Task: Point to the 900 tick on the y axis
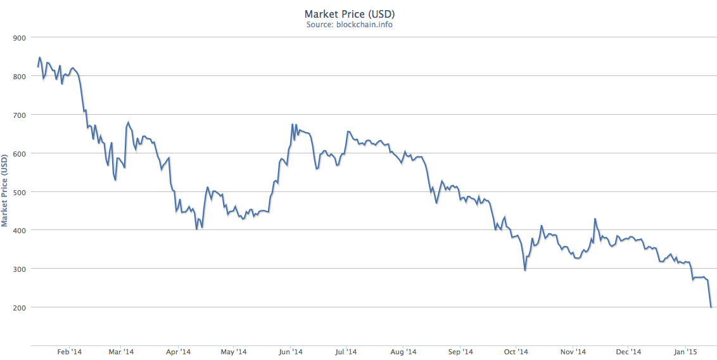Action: coord(19,38)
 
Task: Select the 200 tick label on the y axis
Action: coord(19,307)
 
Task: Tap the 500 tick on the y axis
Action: coord(19,192)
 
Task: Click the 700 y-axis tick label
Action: coord(19,115)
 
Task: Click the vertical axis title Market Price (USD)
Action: coord(5,190)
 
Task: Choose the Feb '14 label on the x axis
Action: coord(70,351)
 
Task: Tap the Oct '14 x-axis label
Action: coord(516,351)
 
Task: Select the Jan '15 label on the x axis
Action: coord(685,351)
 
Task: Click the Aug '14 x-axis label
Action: coord(403,351)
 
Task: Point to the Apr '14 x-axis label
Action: coord(179,351)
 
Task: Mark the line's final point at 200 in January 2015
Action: coord(711,307)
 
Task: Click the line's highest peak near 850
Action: coord(40,57)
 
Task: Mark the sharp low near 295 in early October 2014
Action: coord(525,271)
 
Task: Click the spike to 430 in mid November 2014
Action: coord(595,219)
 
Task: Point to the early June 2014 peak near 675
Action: coord(292,124)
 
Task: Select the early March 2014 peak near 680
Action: coord(129,122)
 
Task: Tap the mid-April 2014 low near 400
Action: coord(196,229)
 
